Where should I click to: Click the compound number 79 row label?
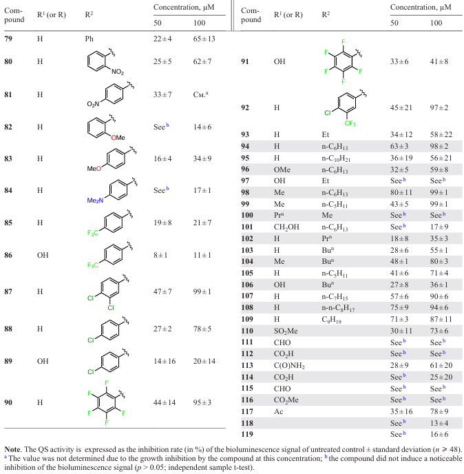pyautogui.click(x=10, y=39)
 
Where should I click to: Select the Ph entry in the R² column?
pyautogui.click(x=89, y=39)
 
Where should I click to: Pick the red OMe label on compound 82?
pyautogui.click(x=118, y=137)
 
